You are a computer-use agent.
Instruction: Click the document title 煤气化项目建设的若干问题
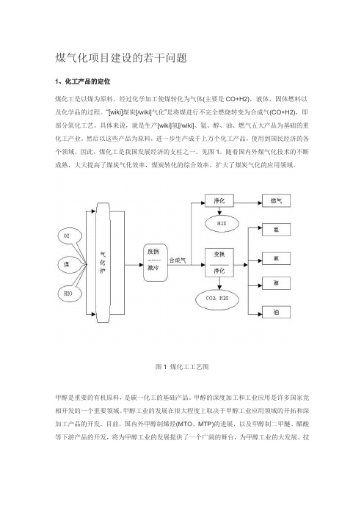coord(121,58)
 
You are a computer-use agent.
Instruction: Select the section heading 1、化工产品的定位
coord(83,81)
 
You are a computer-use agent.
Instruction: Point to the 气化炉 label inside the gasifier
coord(103,263)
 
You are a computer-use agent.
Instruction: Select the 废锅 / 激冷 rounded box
coord(156,263)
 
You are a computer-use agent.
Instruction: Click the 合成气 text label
coord(178,260)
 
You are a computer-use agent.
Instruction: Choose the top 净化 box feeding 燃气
coord(219,201)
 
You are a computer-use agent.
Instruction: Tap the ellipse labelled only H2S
coord(222,223)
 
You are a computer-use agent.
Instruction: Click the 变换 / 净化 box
coord(219,263)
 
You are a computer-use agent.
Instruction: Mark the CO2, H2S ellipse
coord(216,299)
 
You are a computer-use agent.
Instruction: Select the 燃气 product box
coord(276,201)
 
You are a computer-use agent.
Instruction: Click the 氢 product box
coord(276,230)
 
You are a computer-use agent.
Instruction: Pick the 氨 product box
coord(276,258)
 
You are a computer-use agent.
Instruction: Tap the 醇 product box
coord(276,283)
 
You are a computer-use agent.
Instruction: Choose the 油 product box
coord(276,312)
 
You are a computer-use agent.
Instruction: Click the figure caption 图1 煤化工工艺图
coord(182,367)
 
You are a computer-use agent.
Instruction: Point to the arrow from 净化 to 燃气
coord(248,203)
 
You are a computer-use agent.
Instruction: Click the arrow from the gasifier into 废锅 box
coord(134,265)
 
